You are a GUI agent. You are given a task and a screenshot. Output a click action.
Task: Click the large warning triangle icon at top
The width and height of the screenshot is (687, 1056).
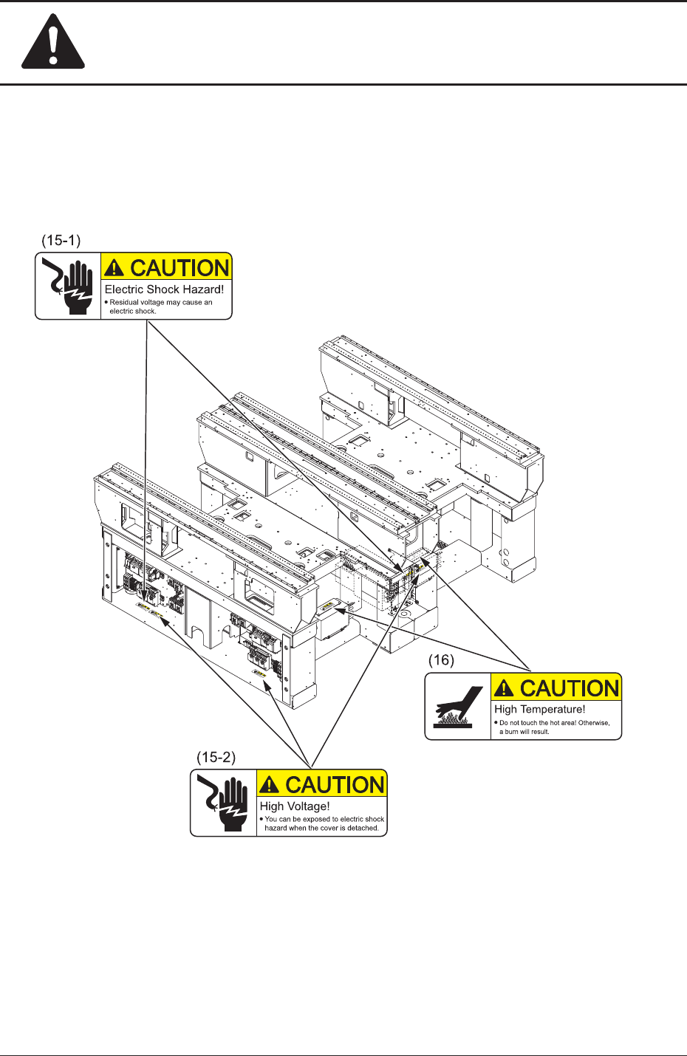pyautogui.click(x=53, y=45)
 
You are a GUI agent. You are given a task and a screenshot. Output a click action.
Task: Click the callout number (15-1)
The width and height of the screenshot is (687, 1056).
pyautogui.click(x=61, y=241)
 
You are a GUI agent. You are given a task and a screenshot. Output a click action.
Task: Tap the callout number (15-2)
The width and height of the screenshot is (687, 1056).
pyautogui.click(x=216, y=758)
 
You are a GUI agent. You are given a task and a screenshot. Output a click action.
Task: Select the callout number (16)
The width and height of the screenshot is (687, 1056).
pyautogui.click(x=441, y=660)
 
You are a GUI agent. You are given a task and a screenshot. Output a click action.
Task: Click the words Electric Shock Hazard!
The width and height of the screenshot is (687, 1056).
pyautogui.click(x=164, y=289)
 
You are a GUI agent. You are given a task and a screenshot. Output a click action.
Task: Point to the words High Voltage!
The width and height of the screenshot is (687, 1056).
pyautogui.click(x=295, y=806)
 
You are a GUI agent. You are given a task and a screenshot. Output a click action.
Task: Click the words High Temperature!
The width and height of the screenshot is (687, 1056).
pyautogui.click(x=539, y=709)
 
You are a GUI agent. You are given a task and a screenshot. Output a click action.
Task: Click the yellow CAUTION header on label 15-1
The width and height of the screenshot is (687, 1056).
pyautogui.click(x=166, y=267)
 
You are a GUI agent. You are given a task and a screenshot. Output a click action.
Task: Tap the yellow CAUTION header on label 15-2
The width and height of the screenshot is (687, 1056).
pyautogui.click(x=321, y=784)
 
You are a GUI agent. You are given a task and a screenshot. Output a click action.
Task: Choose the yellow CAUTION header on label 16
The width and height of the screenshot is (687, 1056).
pyautogui.click(x=556, y=688)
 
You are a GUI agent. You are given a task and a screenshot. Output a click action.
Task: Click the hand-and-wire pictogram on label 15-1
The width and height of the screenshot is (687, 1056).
pyautogui.click(x=68, y=286)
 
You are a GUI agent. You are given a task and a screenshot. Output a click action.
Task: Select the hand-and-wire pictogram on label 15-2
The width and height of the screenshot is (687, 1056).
pyautogui.click(x=223, y=803)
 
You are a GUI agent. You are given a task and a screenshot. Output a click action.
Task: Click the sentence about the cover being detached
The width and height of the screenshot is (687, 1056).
pyautogui.click(x=321, y=828)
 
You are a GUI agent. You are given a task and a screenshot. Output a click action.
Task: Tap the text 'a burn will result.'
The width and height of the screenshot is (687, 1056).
pyautogui.click(x=524, y=732)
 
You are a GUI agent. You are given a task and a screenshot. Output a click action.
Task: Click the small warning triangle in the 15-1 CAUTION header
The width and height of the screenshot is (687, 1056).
pyautogui.click(x=115, y=268)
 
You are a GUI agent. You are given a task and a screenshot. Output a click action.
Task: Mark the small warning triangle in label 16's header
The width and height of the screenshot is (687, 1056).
pyautogui.click(x=505, y=689)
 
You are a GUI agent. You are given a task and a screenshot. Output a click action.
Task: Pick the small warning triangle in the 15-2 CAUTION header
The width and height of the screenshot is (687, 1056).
pyautogui.click(x=270, y=785)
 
